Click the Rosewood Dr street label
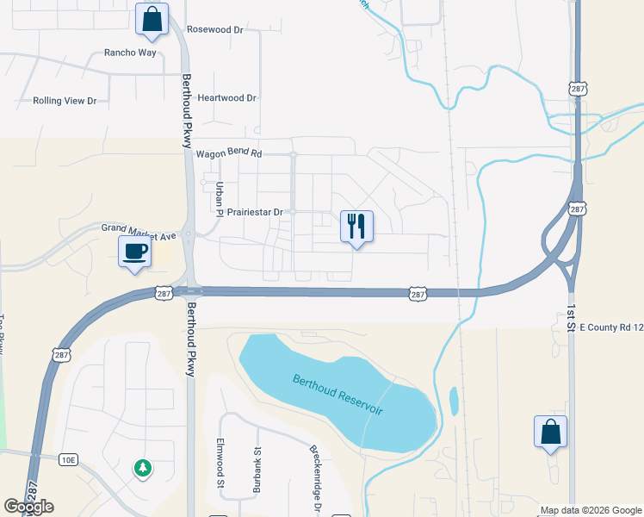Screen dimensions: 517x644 point(215,29)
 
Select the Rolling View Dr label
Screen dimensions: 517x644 point(65,101)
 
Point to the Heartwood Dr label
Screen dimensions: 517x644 point(227,98)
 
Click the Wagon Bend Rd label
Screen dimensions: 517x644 point(228,154)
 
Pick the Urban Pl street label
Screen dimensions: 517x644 point(219,198)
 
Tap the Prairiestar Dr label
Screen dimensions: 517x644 point(249,212)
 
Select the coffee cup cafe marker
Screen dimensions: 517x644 point(134,252)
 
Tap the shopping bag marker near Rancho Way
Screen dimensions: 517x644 point(152,19)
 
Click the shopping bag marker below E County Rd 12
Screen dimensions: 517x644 point(550,432)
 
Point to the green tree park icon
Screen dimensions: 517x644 point(142,468)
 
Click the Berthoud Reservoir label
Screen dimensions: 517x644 point(337,393)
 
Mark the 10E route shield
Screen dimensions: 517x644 point(68,460)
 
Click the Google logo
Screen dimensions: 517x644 point(29,507)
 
